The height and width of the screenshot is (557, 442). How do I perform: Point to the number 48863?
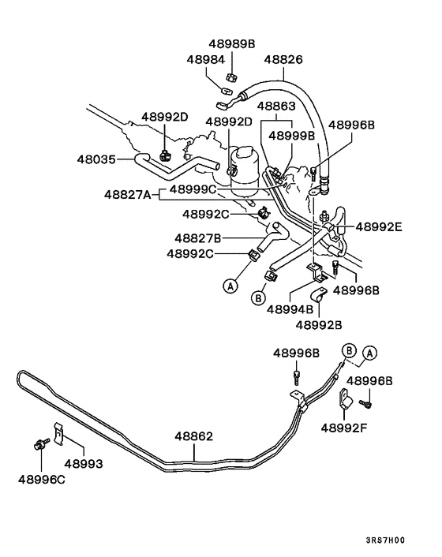275,106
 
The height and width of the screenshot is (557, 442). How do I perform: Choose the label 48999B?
291,135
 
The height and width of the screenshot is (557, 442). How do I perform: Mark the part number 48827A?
126,194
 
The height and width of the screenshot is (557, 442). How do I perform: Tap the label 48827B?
197,237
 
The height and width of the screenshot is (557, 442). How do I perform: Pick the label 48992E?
378,226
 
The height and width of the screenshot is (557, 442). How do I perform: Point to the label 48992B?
319,323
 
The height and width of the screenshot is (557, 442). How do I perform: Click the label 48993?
84,463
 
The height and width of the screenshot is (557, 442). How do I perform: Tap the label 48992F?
344,428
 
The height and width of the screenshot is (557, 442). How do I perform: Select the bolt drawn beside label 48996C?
39,446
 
